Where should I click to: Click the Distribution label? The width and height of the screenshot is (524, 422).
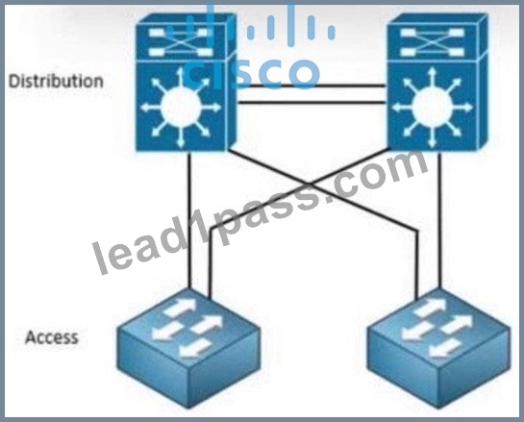(x=56, y=82)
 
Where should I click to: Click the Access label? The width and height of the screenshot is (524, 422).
(x=52, y=337)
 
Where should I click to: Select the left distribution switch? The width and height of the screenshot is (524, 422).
(x=186, y=83)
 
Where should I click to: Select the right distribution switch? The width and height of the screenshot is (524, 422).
(x=437, y=83)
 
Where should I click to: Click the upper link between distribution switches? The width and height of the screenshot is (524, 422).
(x=312, y=86)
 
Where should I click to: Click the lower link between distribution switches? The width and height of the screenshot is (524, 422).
(x=312, y=102)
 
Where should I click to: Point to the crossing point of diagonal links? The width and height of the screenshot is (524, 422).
(x=310, y=185)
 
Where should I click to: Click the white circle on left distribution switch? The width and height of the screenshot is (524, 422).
(x=181, y=108)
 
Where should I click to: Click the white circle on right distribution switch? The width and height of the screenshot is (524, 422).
(x=433, y=108)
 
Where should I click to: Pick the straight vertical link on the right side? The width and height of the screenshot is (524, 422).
(x=439, y=220)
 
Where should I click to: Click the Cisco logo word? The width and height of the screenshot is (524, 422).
(x=252, y=73)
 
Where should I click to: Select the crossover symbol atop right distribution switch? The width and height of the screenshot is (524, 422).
(x=432, y=42)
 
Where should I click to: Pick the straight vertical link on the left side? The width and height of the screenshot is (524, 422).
(x=189, y=220)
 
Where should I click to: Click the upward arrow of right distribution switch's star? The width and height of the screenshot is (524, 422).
(x=433, y=78)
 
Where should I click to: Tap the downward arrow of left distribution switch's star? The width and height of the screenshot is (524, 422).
(x=181, y=137)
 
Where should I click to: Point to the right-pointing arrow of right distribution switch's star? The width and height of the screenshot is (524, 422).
(x=463, y=108)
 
